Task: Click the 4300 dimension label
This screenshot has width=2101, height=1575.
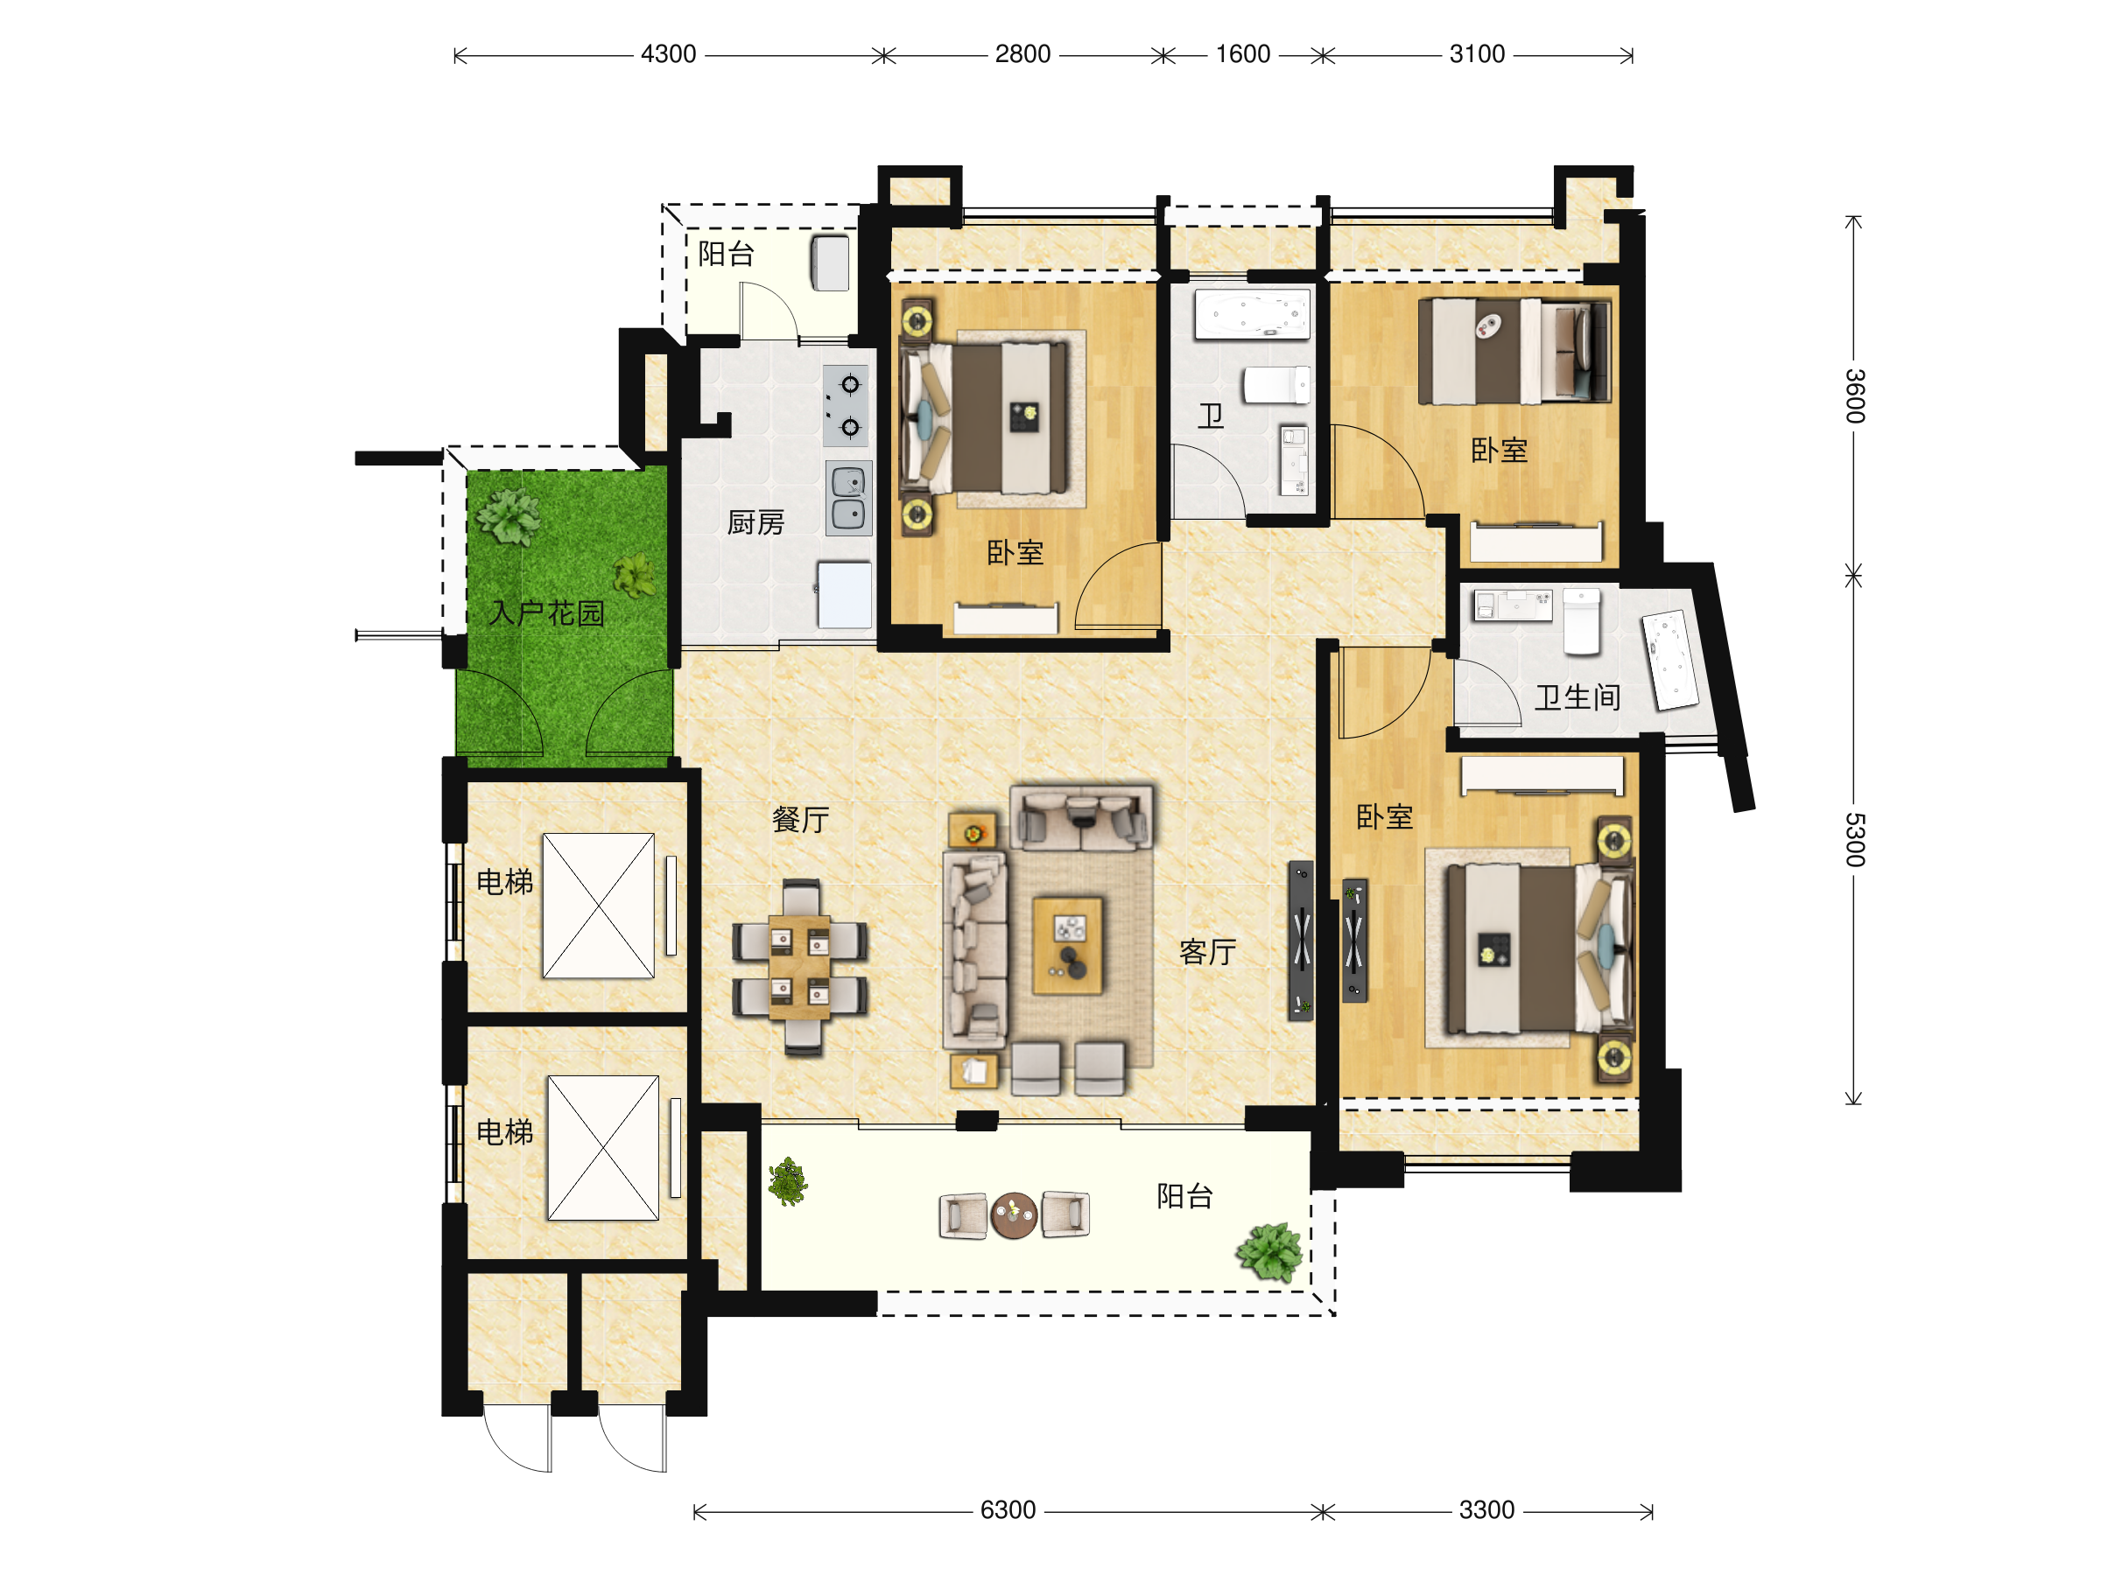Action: point(669,54)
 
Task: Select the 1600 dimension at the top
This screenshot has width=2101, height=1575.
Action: point(1242,54)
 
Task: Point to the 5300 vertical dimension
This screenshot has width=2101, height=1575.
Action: point(1854,840)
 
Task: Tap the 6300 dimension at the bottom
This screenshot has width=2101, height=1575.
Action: point(1008,1510)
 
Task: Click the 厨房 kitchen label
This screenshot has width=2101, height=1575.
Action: point(755,522)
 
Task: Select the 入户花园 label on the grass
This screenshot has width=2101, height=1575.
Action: point(546,613)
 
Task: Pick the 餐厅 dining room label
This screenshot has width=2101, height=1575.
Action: point(801,819)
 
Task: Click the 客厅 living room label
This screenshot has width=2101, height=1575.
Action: point(1207,951)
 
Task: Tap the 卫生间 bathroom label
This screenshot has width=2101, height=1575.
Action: point(1578,697)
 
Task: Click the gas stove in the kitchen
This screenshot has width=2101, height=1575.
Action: point(846,406)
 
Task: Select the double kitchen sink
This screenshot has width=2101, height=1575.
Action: point(848,499)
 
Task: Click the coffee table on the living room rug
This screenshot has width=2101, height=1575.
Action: point(1069,946)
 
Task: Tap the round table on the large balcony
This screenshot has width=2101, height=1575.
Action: point(1014,1215)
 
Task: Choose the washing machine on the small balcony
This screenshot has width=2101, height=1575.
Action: point(829,263)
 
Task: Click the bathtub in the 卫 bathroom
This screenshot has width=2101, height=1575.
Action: point(1252,314)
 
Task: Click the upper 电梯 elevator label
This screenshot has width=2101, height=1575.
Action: point(504,882)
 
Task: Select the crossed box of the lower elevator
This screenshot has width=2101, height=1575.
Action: point(603,1148)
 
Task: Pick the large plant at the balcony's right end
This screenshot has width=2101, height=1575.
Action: point(1269,1252)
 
